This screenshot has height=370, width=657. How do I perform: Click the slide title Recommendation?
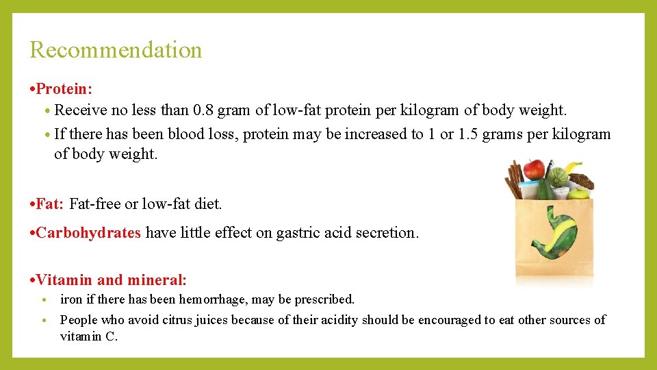(x=116, y=50)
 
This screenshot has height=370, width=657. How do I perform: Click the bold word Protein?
(x=64, y=89)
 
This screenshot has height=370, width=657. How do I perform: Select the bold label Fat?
(x=50, y=204)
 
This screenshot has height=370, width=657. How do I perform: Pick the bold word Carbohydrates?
(x=88, y=233)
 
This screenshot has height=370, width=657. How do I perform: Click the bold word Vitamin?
(x=65, y=280)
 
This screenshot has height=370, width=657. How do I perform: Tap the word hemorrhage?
(x=223, y=299)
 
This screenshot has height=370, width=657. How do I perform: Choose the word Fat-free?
(x=95, y=204)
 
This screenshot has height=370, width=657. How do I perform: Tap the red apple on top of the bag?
(x=534, y=169)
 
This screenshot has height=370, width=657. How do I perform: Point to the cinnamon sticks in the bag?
(x=514, y=180)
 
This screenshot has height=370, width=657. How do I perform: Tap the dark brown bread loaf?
(x=582, y=182)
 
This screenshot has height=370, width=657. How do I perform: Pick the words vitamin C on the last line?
(x=89, y=336)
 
